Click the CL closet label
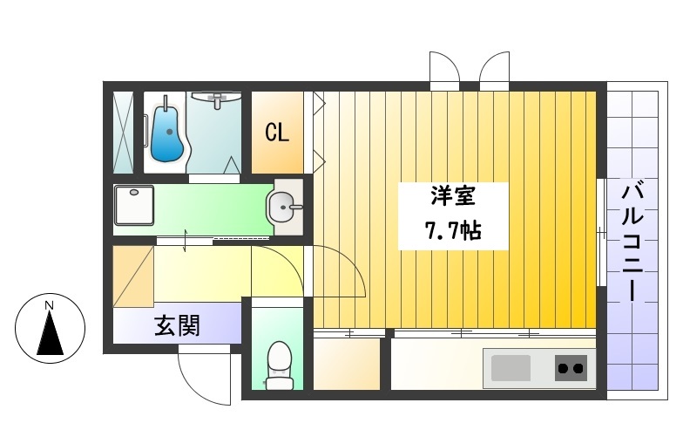tap(277, 133)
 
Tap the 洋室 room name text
tap(452, 196)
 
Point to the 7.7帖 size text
tap(452, 232)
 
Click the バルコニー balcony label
tap(633, 241)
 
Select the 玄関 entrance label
tap(178, 326)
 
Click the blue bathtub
tap(166, 133)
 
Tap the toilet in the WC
tap(278, 365)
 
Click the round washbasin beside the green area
tap(283, 208)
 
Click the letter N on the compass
tap(50, 305)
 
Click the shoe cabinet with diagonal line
tap(132, 276)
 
